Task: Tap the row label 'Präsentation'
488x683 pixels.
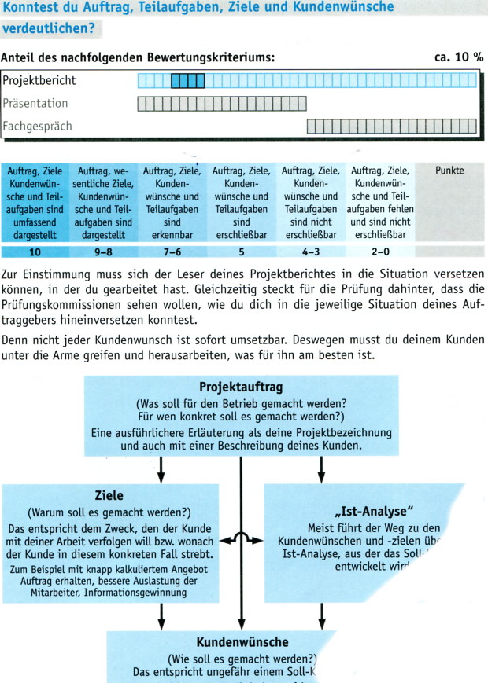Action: click(x=35, y=103)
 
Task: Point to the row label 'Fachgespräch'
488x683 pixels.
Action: click(x=37, y=126)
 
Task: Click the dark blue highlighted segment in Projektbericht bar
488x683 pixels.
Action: click(x=187, y=80)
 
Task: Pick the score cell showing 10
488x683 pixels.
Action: click(x=35, y=252)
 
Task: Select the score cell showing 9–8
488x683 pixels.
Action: click(x=104, y=252)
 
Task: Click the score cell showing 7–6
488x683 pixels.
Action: click(x=172, y=252)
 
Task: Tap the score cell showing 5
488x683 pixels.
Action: click(x=241, y=252)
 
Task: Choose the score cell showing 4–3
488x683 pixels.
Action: click(x=310, y=252)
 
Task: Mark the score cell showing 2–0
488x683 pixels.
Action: click(x=379, y=252)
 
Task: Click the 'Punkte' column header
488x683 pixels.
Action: click(x=449, y=171)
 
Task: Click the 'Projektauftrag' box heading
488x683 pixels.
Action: click(x=241, y=387)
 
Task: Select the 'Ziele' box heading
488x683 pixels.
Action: click(x=109, y=496)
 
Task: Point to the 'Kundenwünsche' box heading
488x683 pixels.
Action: click(x=242, y=642)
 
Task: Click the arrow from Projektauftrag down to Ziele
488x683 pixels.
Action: click(x=161, y=470)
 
